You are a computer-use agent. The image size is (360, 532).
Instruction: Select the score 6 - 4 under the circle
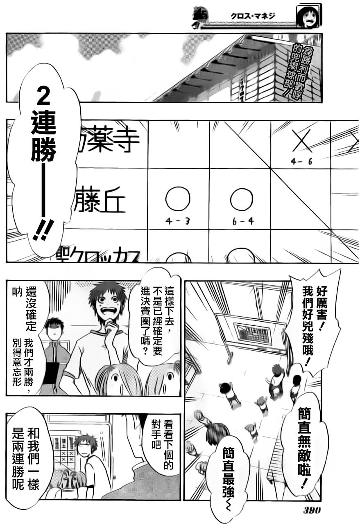[x=242, y=221]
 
